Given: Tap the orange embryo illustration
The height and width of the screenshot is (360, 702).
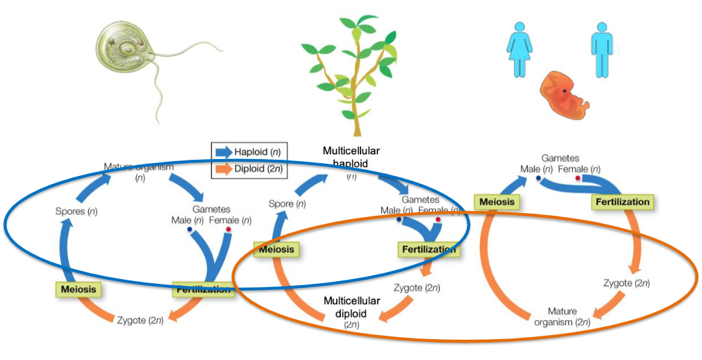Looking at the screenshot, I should click(567, 94).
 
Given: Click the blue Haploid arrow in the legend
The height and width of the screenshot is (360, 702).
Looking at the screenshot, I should click(225, 151).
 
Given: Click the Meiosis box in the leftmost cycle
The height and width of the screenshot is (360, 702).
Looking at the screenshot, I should click(77, 290).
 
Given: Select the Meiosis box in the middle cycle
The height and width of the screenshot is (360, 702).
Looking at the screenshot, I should click(276, 249).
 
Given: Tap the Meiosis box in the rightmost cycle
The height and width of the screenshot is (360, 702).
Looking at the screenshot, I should click(497, 202).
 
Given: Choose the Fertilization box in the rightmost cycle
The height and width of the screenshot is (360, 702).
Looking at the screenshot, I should click(623, 202).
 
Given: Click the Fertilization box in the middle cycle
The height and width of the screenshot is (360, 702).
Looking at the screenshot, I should click(429, 249).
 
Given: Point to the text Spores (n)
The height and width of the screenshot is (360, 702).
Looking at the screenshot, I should click(76, 211).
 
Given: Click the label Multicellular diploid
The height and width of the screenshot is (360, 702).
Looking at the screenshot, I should click(352, 307).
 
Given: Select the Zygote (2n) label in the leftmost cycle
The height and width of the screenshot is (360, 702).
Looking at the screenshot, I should click(140, 319).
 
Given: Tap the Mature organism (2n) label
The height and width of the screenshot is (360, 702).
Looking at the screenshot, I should click(562, 316).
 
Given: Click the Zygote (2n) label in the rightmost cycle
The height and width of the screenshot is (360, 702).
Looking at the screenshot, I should click(627, 282).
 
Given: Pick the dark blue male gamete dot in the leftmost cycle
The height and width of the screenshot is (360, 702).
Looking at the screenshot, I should click(189, 230).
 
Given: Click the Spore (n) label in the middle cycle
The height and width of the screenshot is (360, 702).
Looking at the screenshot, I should click(287, 204).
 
